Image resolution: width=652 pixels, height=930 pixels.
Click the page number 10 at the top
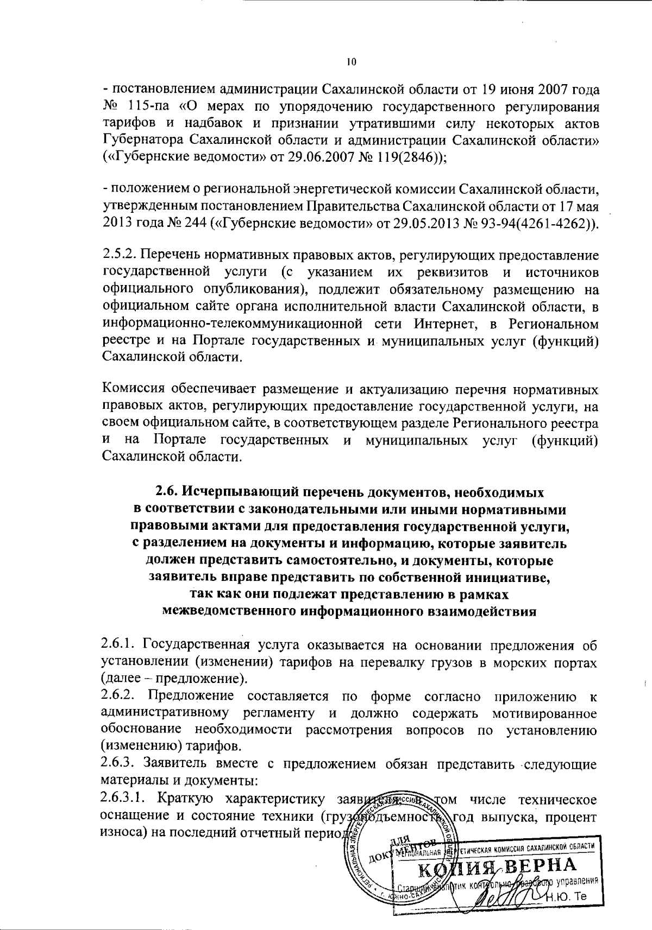click(x=350, y=62)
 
